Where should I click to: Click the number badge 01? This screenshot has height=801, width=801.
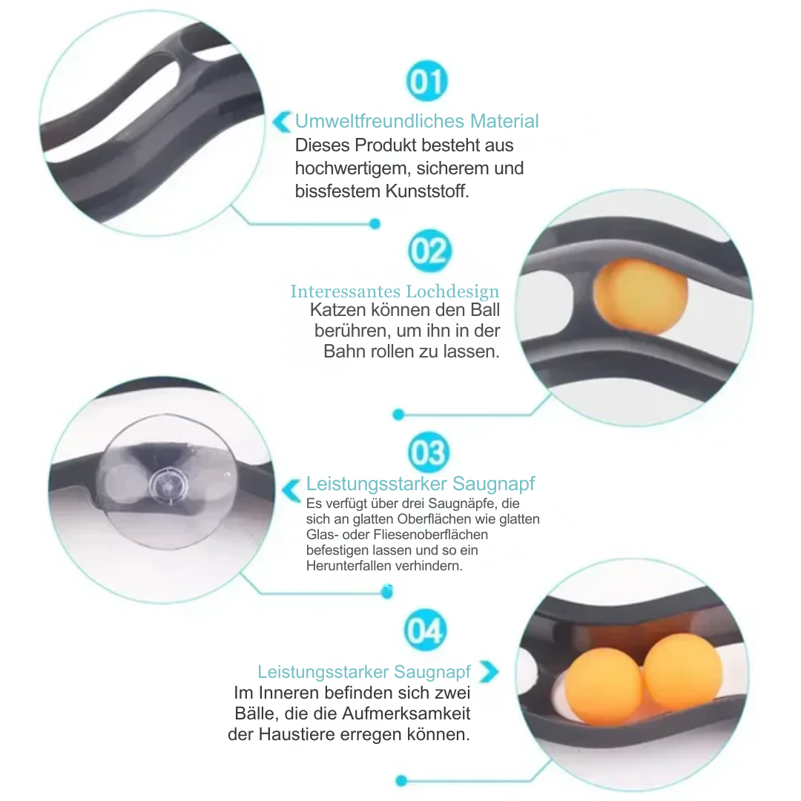click(426, 82)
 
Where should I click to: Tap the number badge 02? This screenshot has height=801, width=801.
click(429, 251)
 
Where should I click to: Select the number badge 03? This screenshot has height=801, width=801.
click(429, 452)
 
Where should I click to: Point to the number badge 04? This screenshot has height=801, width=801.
click(425, 630)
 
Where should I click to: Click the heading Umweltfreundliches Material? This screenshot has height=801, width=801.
click(417, 121)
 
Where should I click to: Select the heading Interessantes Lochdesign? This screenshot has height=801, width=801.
click(395, 291)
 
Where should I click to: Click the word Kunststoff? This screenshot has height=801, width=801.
click(427, 191)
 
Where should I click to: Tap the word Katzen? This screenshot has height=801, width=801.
click(337, 310)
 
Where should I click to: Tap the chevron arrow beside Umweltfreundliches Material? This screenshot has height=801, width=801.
click(282, 122)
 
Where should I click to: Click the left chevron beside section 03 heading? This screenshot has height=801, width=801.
click(291, 491)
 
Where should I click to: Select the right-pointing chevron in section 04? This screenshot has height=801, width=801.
click(489, 672)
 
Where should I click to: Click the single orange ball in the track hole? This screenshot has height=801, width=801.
click(641, 296)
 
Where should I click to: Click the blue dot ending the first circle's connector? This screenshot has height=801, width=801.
click(375, 223)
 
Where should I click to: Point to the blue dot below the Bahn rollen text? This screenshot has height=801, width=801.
click(398, 415)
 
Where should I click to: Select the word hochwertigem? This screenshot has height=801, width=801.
click(351, 168)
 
